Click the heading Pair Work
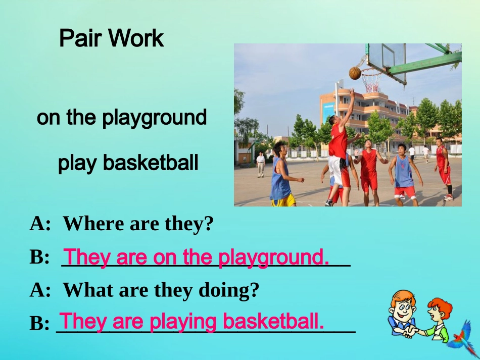(111, 38)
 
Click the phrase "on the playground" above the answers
(122, 118)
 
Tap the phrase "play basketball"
(128, 163)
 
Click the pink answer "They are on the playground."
(197, 257)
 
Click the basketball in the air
(355, 73)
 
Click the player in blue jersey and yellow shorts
(281, 177)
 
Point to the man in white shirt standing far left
(260, 165)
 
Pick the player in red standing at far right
(444, 167)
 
